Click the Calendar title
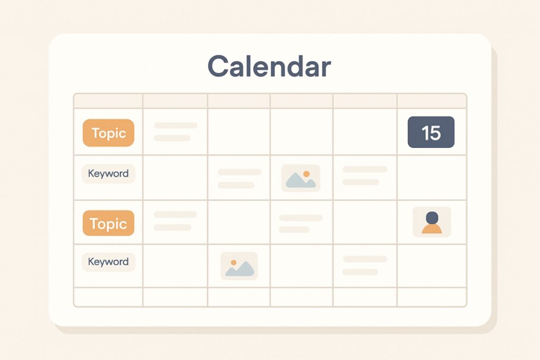click(269, 66)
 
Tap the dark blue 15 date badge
click(431, 132)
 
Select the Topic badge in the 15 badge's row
click(108, 133)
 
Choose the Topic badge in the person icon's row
click(108, 223)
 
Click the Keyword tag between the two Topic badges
click(108, 173)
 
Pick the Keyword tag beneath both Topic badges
click(108, 261)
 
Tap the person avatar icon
click(431, 222)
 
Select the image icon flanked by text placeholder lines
click(301, 178)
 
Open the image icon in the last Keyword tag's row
click(239, 266)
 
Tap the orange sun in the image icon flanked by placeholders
click(306, 173)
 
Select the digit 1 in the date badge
click(424, 132)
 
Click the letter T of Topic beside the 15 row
click(95, 133)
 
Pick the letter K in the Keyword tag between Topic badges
click(91, 173)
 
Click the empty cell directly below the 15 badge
click(431, 178)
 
